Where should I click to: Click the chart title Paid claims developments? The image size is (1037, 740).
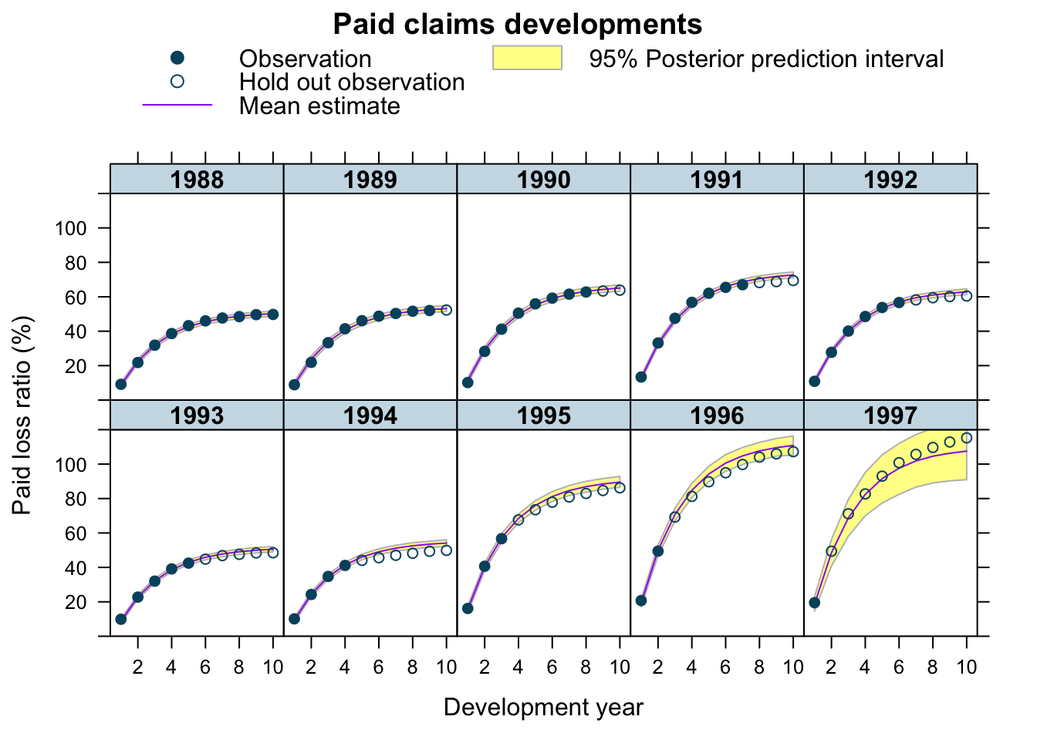click(x=518, y=24)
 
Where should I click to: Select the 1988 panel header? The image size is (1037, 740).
click(x=197, y=179)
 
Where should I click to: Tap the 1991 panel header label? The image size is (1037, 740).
click(x=717, y=180)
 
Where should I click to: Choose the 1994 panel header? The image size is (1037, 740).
click(x=370, y=415)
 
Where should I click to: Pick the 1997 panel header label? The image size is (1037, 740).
click(x=890, y=415)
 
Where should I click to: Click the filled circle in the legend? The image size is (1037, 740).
click(x=177, y=58)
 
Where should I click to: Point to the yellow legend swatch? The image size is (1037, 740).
click(x=527, y=58)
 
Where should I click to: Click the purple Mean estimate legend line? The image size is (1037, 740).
click(x=177, y=105)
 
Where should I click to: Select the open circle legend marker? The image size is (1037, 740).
click(x=177, y=82)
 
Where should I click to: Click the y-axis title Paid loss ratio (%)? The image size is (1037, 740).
click(x=22, y=415)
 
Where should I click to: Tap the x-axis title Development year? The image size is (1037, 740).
click(x=543, y=708)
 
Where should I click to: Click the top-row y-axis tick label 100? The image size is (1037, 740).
click(x=71, y=228)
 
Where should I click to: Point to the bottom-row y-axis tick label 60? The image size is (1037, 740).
click(x=76, y=533)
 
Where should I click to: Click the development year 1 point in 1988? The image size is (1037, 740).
click(x=121, y=385)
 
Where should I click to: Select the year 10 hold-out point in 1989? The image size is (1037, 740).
click(x=446, y=310)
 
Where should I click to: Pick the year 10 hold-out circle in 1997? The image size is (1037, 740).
click(x=967, y=438)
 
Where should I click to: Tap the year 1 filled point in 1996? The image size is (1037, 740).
click(x=641, y=600)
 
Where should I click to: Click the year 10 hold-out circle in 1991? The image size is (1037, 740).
click(x=793, y=281)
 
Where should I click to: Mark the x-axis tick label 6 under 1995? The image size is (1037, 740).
click(x=552, y=668)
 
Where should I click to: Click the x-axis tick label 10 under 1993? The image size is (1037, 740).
click(x=272, y=668)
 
